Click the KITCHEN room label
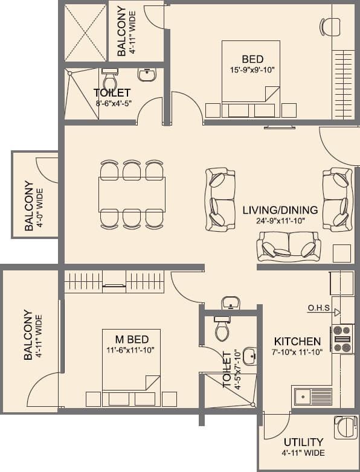297,340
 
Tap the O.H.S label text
318,308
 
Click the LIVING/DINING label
280,210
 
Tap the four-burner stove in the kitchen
342,339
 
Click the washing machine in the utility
342,427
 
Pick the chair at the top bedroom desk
329,26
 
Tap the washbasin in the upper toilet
147,74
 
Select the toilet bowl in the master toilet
221,330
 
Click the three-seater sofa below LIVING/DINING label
289,246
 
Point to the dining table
132,194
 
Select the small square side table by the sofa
342,254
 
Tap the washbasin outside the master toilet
230,302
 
